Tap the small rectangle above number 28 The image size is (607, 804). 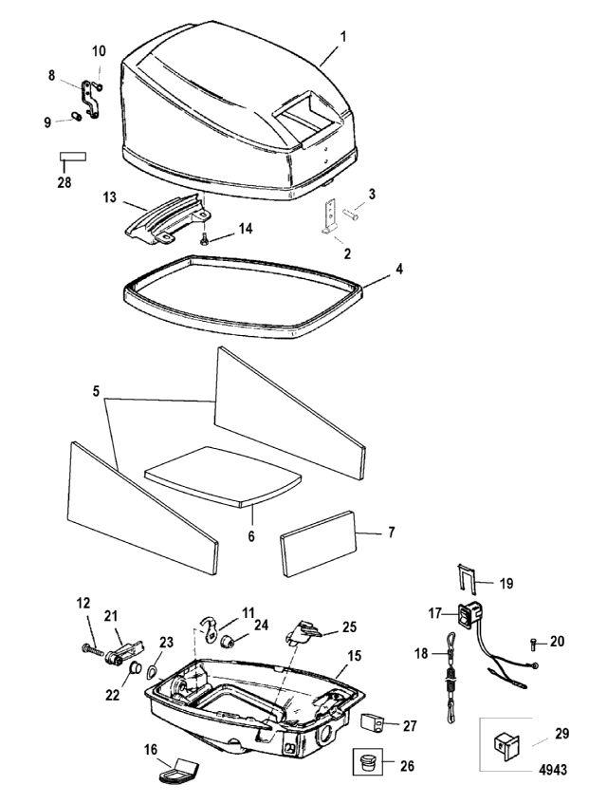(x=73, y=158)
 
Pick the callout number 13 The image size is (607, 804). (x=111, y=196)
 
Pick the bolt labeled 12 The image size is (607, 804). (x=91, y=649)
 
